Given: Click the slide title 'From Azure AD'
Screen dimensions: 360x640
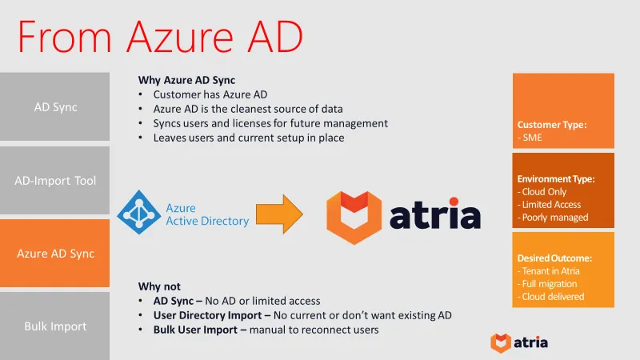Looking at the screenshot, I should tap(160, 38).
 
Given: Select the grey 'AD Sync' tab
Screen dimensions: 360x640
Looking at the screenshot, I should tap(54, 106).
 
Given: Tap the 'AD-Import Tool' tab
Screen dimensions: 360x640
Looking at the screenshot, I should tap(54, 180).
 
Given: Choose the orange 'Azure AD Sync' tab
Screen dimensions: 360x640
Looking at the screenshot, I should tap(54, 254).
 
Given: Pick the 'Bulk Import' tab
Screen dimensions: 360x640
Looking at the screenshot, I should tap(54, 326).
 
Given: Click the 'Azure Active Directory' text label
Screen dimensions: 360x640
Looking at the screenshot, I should tap(206, 214).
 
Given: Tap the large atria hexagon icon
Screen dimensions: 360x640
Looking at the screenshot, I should tap(354, 217).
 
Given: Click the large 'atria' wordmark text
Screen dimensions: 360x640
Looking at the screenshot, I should tap(436, 216).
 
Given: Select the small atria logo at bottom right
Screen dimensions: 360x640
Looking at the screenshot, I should tap(519, 342).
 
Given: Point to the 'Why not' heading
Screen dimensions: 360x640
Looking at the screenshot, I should tap(159, 286).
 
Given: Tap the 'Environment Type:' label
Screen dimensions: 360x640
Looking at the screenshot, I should tap(556, 179).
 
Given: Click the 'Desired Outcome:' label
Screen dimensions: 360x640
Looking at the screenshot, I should tap(554, 258).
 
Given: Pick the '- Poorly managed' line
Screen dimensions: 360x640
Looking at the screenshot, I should tap(553, 218).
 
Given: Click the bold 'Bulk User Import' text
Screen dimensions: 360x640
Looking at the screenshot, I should tap(194, 330).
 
